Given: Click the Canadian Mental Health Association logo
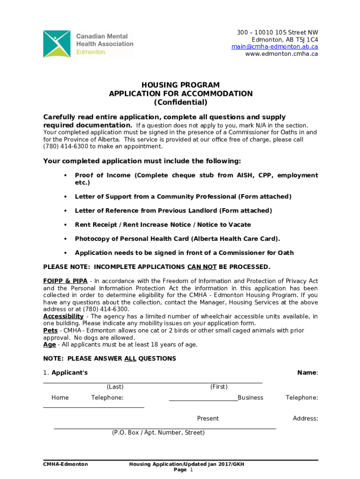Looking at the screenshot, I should (x=88, y=44).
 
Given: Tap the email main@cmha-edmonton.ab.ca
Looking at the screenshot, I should (x=274, y=46).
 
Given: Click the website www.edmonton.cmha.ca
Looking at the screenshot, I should (x=281, y=53).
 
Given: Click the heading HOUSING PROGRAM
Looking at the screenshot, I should (x=180, y=85).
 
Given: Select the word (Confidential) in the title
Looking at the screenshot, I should (x=180, y=102).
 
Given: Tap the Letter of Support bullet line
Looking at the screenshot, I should (x=183, y=196).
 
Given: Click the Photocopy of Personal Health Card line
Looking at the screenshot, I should (x=177, y=239).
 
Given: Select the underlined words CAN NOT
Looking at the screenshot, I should (x=202, y=267).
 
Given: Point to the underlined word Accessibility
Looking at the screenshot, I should (x=63, y=316).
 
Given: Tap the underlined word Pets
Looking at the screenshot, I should (x=50, y=330).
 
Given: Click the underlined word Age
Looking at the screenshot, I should (x=50, y=344).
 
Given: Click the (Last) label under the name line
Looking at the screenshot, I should (x=115, y=386).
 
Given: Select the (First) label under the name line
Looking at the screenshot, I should (x=219, y=386).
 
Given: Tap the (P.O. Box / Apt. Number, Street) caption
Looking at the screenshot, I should (x=158, y=433).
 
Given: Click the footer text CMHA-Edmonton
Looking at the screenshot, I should (x=65, y=464).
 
